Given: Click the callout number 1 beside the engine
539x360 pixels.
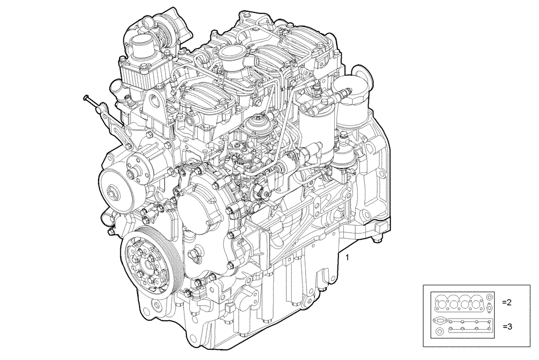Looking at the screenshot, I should pyautogui.click(x=348, y=258).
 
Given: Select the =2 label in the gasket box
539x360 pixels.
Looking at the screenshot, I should pyautogui.click(x=506, y=302).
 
